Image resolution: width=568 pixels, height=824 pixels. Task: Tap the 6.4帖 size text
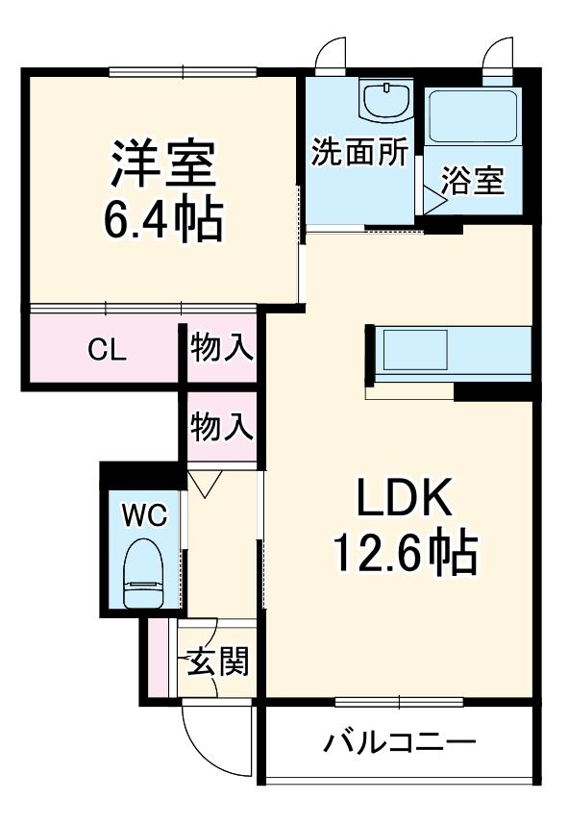pos(161,220)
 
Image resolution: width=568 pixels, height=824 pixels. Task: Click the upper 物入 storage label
pos(221,347)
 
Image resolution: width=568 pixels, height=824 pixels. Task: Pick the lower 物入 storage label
pos(221,424)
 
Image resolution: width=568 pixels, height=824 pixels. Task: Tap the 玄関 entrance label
pos(218,662)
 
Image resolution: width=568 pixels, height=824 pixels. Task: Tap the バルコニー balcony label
pos(399,742)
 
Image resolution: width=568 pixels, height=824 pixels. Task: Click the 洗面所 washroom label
pos(360,152)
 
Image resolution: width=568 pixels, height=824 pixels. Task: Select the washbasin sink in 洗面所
pos(385,100)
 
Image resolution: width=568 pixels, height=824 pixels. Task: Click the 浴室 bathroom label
pos(473,181)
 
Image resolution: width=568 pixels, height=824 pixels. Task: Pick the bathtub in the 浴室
pos(473,117)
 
